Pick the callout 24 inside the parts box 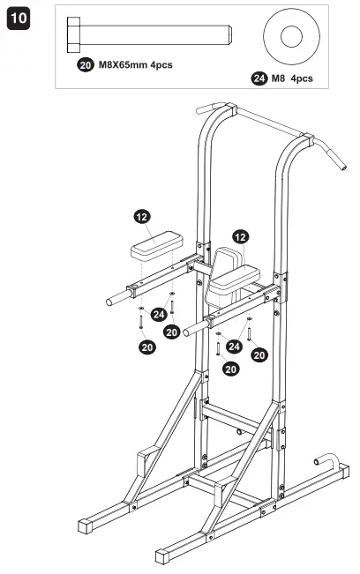tap(259, 78)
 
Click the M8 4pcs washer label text tap(293, 78)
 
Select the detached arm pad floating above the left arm tap(156, 242)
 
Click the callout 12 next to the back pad tap(240, 236)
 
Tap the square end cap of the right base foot tap(164, 555)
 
